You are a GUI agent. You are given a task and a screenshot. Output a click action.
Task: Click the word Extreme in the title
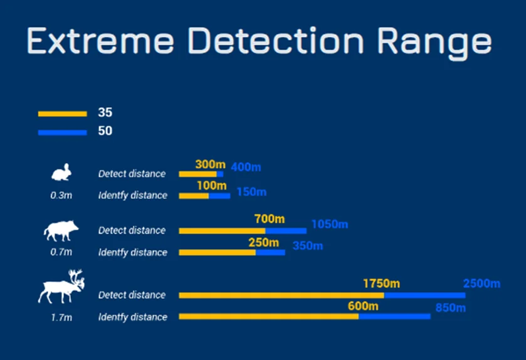[x=100, y=41]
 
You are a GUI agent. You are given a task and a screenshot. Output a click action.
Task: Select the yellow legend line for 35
[x=63, y=114]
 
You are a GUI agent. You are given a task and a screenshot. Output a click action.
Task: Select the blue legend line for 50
[x=63, y=132]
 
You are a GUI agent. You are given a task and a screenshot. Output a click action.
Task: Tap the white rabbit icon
[x=61, y=172]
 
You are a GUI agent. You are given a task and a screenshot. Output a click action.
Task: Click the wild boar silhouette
[x=61, y=231]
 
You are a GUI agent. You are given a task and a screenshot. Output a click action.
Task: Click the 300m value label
[x=210, y=164]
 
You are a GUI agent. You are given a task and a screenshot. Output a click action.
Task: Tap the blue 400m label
[x=246, y=167]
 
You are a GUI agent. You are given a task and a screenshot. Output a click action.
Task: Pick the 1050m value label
[x=330, y=224]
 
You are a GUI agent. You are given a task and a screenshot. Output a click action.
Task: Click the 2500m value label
[x=481, y=283]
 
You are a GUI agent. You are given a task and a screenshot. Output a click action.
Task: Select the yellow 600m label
[x=363, y=306]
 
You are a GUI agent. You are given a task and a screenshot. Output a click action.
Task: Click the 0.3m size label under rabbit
[x=61, y=195]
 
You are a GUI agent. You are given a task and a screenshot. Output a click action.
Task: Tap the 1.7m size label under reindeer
[x=61, y=317]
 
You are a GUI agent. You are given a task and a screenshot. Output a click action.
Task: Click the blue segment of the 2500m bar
[x=424, y=295]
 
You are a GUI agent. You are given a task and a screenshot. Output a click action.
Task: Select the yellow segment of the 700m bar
[x=222, y=231]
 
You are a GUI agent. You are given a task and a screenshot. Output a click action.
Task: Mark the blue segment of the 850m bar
[x=394, y=316]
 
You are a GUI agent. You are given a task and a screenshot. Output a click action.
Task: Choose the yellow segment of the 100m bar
[x=194, y=196]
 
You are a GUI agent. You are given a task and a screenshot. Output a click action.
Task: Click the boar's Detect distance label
[x=132, y=231]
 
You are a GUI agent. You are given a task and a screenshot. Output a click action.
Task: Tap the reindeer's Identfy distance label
[x=132, y=317]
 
